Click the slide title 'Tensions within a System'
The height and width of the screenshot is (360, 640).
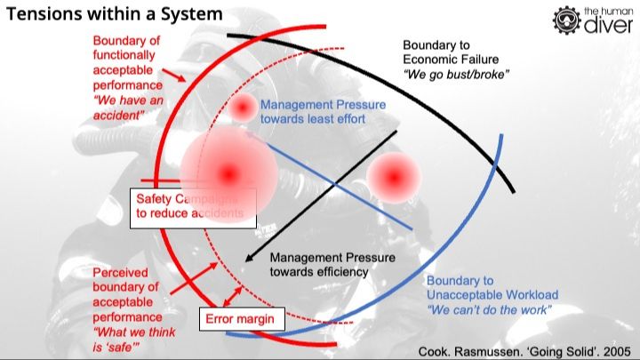click(115, 15)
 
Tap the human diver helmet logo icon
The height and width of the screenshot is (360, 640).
click(567, 20)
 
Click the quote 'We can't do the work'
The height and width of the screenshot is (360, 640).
click(490, 309)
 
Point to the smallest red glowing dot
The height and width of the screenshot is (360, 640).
click(243, 108)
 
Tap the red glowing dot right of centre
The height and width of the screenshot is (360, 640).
click(392, 177)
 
